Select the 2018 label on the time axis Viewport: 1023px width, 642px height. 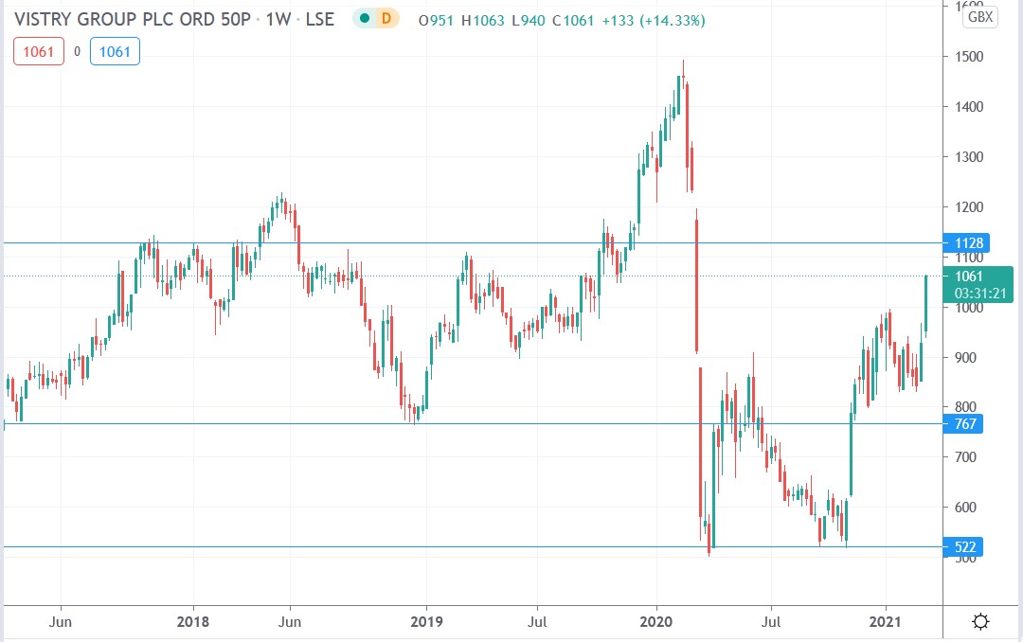[193, 621]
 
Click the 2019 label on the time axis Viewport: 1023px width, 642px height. [426, 621]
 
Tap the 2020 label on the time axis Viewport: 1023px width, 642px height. [656, 621]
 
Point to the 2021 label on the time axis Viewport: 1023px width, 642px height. [887, 621]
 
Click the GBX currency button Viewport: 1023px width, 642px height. [979, 17]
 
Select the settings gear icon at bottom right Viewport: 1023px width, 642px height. [980, 621]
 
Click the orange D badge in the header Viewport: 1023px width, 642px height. [386, 19]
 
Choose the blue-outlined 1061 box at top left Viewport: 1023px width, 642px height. [115, 52]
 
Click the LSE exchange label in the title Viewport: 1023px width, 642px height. [317, 19]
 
